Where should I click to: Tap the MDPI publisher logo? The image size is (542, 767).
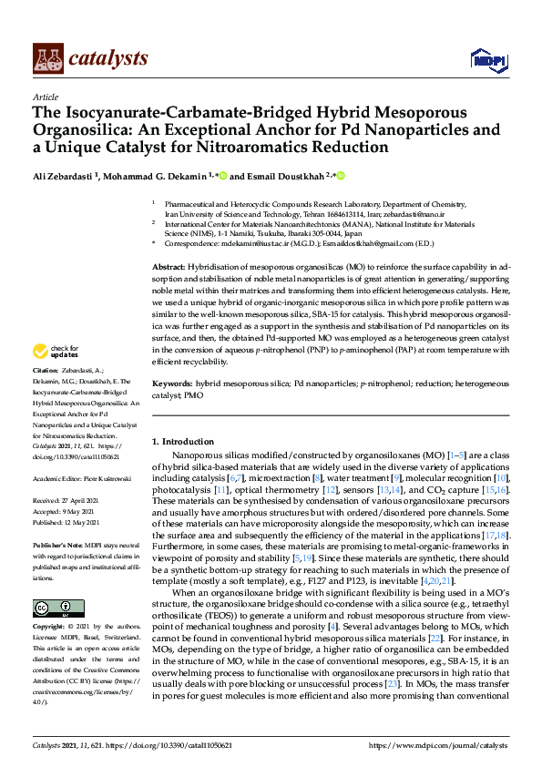click(x=487, y=60)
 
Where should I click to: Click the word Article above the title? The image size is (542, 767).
click(x=45, y=97)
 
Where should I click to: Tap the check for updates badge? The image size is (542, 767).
click(x=54, y=351)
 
